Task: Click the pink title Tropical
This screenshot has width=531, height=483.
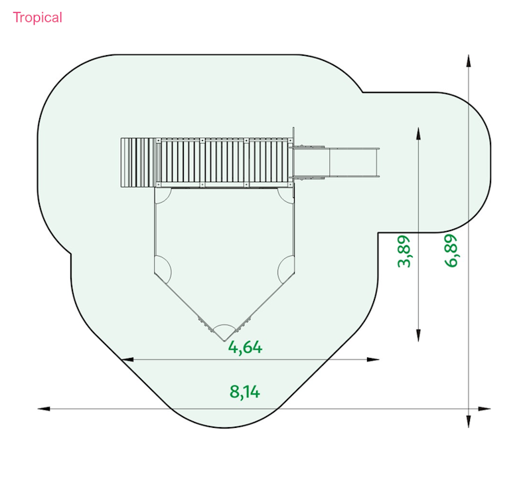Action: pos(37,18)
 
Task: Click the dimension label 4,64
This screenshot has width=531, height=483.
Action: pos(245,347)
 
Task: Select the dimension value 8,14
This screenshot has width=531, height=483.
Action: pos(245,392)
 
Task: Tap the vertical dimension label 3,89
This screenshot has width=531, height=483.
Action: pos(404,252)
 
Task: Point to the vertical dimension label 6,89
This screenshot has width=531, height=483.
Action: pos(451,251)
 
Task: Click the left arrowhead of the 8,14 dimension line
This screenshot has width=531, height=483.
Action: pos(44,409)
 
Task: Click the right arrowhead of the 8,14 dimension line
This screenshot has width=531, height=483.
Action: pos(485,409)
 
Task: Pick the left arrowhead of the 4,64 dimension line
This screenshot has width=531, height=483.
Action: pos(127,359)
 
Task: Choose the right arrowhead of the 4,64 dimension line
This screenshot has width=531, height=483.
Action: pos(373,359)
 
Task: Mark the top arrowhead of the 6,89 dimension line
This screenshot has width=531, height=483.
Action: pos(469,61)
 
